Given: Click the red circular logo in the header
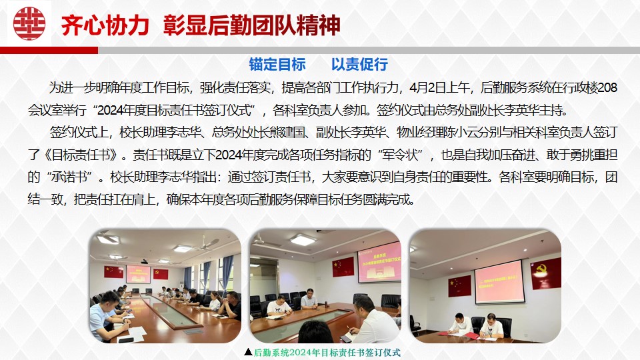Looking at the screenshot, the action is click(29, 23).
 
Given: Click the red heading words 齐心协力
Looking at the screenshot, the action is click(105, 25).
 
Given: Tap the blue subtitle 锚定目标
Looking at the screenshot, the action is click(277, 65).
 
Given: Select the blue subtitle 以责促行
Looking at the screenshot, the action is click(359, 65).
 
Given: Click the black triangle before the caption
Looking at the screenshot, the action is click(248, 352).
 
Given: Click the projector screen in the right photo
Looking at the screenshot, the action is click(499, 281).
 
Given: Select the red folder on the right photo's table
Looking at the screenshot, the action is click(471, 335).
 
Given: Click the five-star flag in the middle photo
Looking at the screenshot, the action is click(343, 267).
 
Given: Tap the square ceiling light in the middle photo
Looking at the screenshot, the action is click(303, 239).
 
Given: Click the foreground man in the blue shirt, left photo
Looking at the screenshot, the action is click(107, 316).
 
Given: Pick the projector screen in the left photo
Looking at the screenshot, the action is click(138, 274).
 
